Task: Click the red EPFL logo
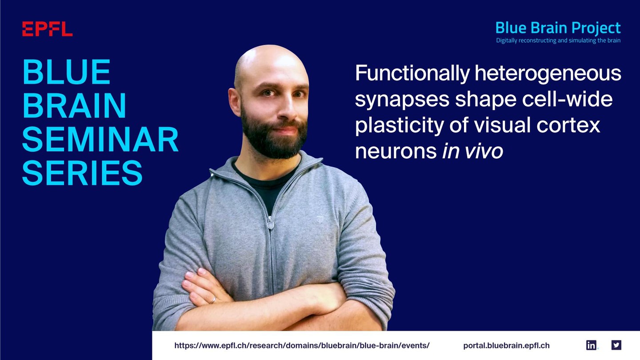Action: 48,29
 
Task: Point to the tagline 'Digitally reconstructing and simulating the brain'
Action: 558,40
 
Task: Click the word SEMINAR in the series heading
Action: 100,139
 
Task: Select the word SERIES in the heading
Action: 82,173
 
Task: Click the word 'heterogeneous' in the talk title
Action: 548,74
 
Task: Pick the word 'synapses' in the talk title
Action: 402,100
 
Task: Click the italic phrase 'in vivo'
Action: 472,151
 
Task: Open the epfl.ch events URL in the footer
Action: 302,345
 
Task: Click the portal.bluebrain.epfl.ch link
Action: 506,345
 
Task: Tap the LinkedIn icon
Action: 591,345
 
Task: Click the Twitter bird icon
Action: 616,345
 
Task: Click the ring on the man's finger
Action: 213,300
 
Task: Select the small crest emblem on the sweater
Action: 320,219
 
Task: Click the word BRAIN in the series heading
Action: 74,105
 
